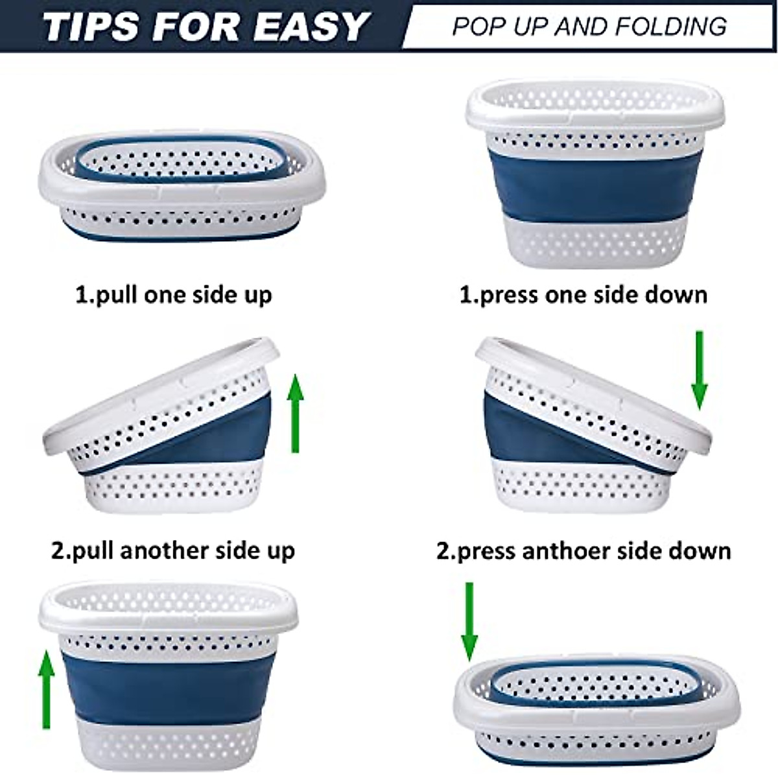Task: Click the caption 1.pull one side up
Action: pyautogui.click(x=174, y=295)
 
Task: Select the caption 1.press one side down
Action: pyautogui.click(x=583, y=295)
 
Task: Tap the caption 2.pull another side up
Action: pyautogui.click(x=173, y=551)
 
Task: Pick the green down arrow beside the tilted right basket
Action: pyautogui.click(x=699, y=370)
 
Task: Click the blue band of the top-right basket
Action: pyautogui.click(x=594, y=185)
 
